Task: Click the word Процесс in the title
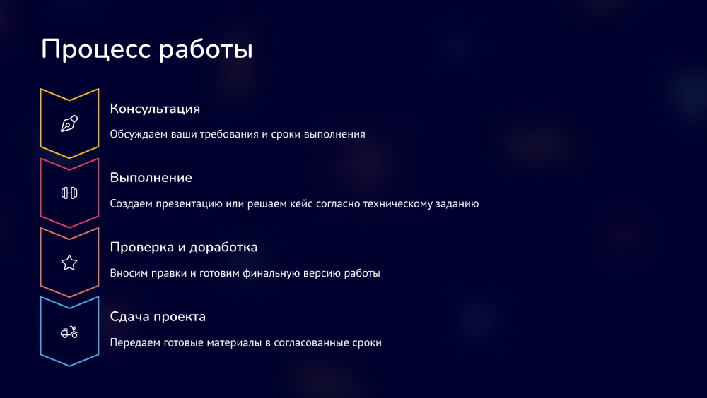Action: pos(96,49)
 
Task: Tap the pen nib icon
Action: pos(69,123)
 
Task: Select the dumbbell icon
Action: pos(69,193)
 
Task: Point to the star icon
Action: pos(69,263)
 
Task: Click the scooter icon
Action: pos(69,332)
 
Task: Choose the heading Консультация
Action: pos(155,109)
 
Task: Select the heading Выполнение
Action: pos(151,178)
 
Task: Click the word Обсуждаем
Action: pos(139,134)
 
